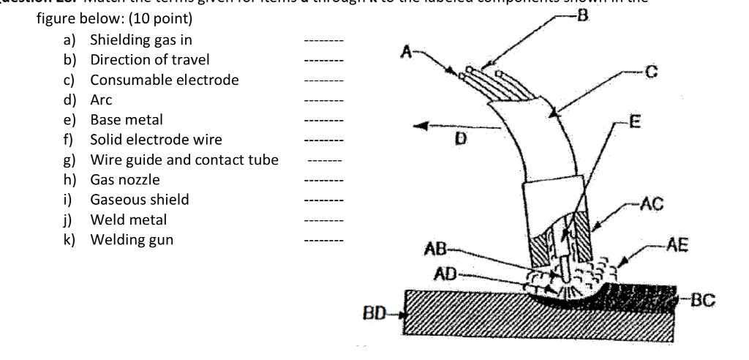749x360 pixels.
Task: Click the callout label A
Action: [408, 50]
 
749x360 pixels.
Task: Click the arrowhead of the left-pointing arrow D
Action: [419, 127]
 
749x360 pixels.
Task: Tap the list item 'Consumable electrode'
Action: [164, 80]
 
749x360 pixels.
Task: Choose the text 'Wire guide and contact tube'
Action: [184, 160]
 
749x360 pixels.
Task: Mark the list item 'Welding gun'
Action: [132, 239]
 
